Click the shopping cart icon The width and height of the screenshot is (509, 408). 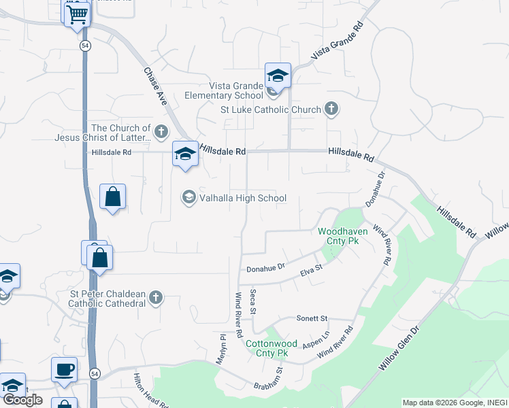click(x=77, y=14)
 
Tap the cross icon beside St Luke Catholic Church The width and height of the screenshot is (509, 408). click(x=331, y=109)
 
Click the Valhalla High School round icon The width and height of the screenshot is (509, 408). click(x=188, y=198)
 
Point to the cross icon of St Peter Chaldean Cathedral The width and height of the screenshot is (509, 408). click(x=156, y=298)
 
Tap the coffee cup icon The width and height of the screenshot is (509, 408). click(x=64, y=369)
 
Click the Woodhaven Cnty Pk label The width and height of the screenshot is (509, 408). click(x=343, y=236)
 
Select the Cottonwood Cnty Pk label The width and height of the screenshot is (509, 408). click(x=267, y=348)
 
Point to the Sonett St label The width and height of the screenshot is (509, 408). click(x=312, y=318)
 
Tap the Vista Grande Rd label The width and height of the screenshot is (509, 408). click(x=339, y=43)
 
